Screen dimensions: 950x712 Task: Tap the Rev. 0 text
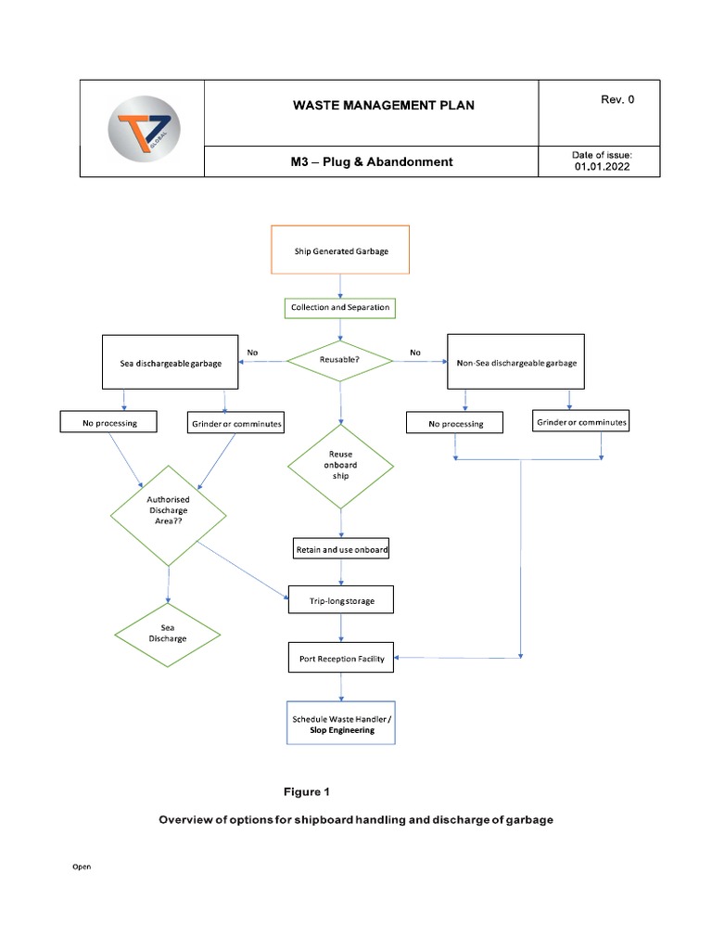tap(617, 99)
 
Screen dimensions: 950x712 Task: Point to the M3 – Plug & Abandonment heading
tap(371, 161)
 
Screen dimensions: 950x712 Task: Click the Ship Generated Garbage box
tap(341, 250)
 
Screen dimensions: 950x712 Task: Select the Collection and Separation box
tap(341, 307)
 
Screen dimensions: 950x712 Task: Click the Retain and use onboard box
tap(341, 549)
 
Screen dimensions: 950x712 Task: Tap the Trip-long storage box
tap(341, 601)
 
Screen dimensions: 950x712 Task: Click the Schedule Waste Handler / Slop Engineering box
tap(341, 724)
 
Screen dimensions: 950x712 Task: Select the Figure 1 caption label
tap(307, 791)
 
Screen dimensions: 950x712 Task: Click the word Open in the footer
tap(83, 867)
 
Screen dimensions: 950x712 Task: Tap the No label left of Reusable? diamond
tap(252, 353)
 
